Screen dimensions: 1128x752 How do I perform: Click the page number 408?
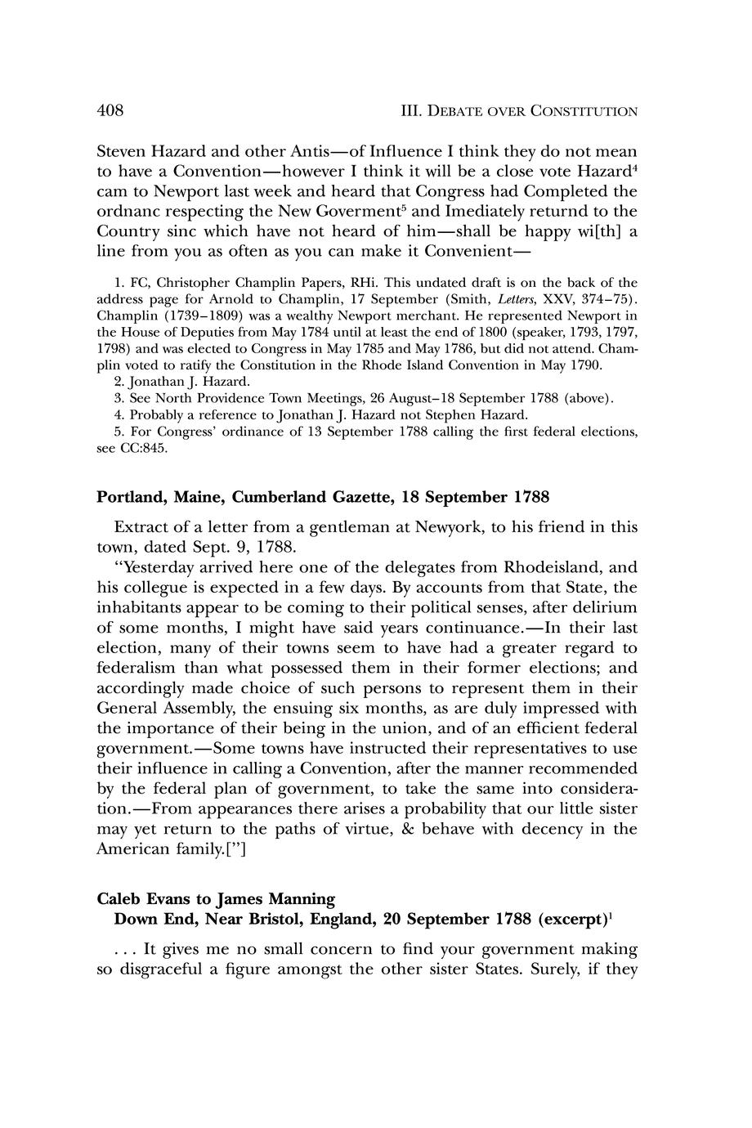coord(110,110)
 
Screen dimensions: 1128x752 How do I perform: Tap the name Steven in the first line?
coord(123,152)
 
